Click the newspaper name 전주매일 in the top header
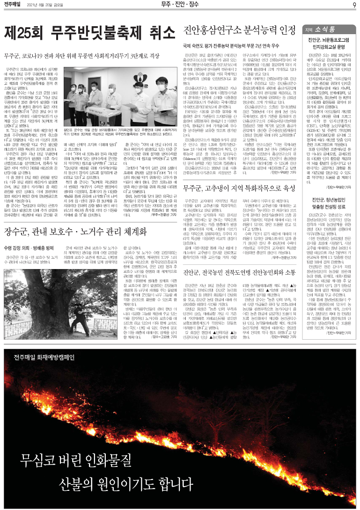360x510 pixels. (x=15, y=5)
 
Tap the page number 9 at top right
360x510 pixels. (x=354, y=5)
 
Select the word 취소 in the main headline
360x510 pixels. (x=153, y=34)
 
